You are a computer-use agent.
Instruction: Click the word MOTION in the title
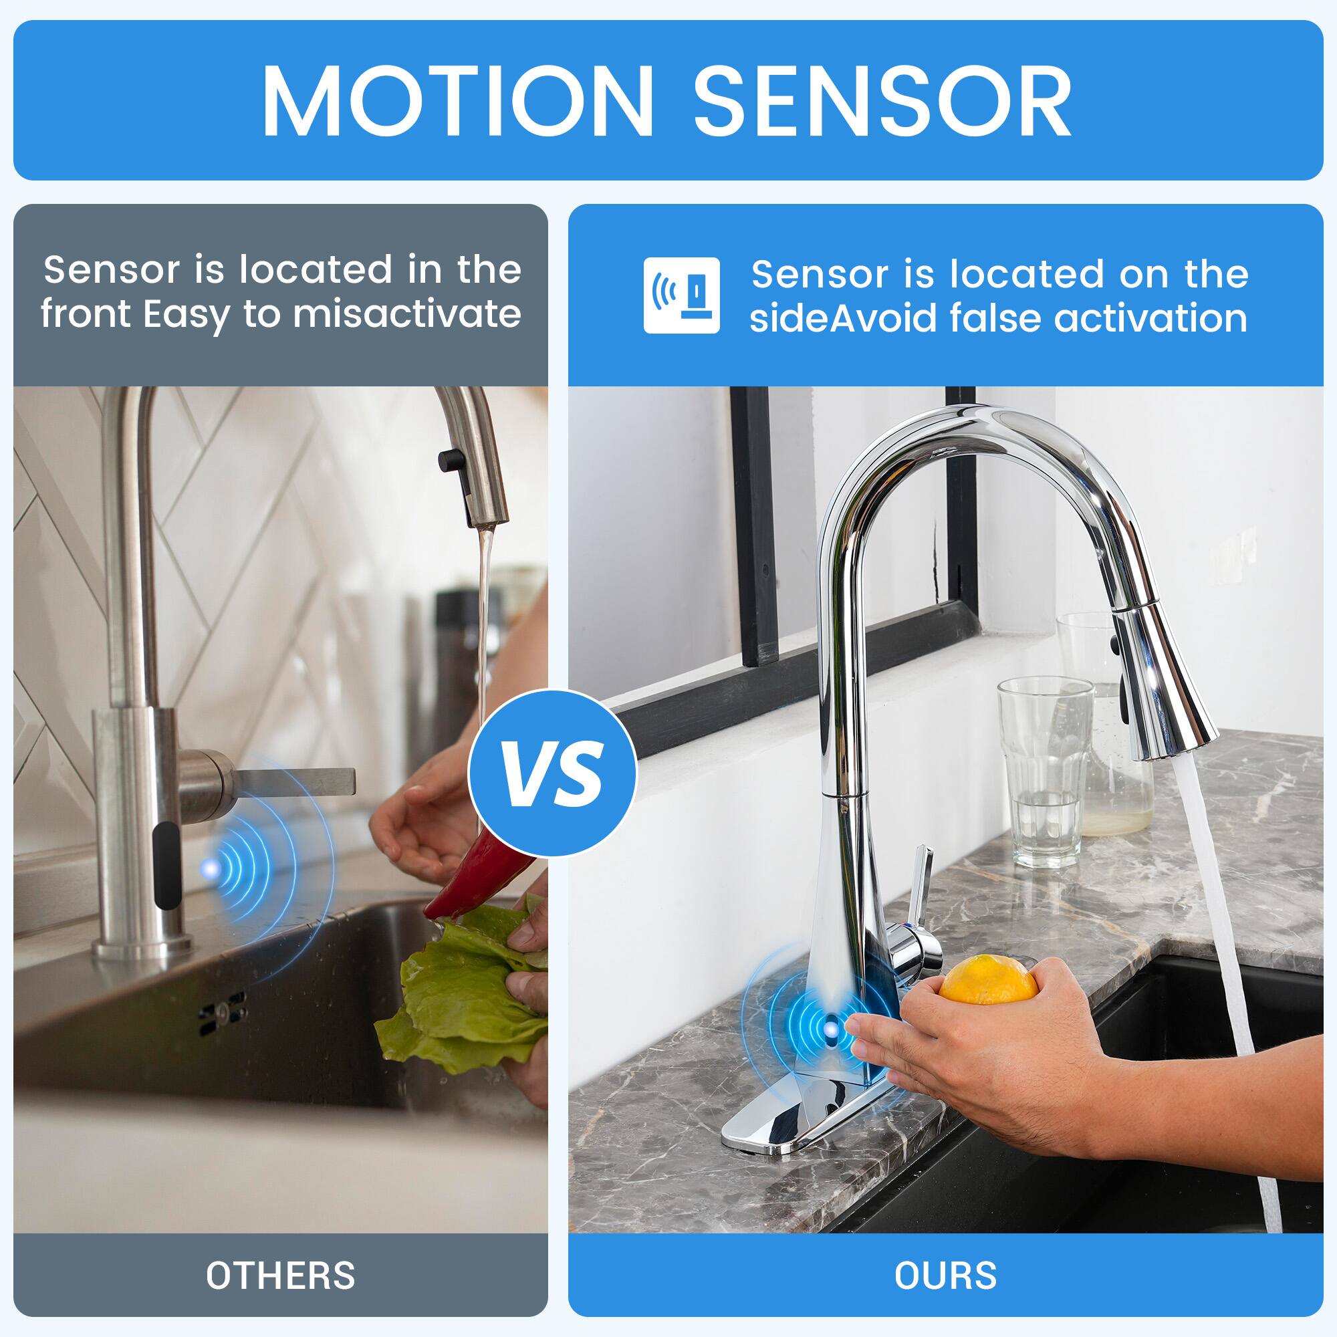(x=457, y=102)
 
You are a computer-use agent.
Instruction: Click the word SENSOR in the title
(x=883, y=102)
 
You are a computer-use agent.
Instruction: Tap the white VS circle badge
(x=552, y=773)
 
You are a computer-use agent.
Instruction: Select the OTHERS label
(x=280, y=1275)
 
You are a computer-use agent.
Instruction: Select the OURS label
(x=945, y=1275)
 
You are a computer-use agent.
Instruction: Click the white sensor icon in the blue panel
(x=681, y=295)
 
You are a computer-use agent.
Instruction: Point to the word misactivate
(x=406, y=315)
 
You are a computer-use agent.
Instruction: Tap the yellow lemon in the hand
(x=989, y=979)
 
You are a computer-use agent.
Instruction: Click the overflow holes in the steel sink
(x=222, y=1014)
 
